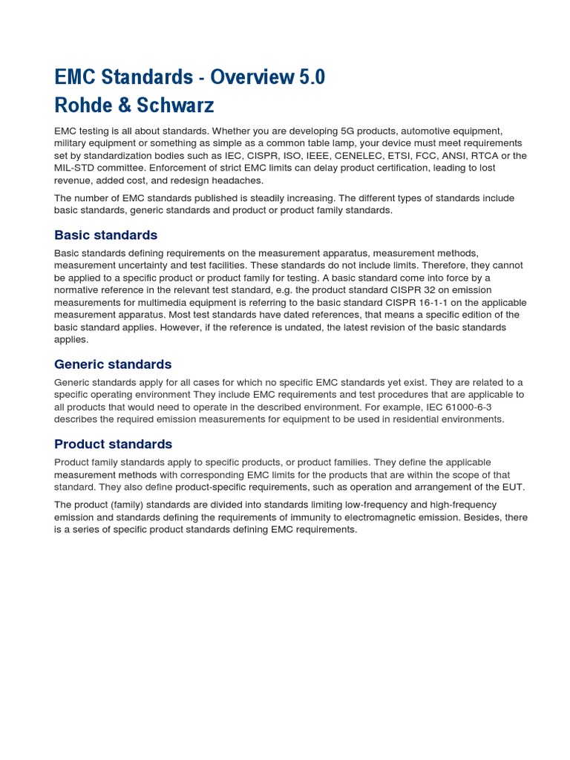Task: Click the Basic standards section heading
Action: point(105,235)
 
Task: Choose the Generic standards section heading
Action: point(113,364)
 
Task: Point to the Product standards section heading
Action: point(113,445)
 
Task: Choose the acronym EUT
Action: point(513,487)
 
